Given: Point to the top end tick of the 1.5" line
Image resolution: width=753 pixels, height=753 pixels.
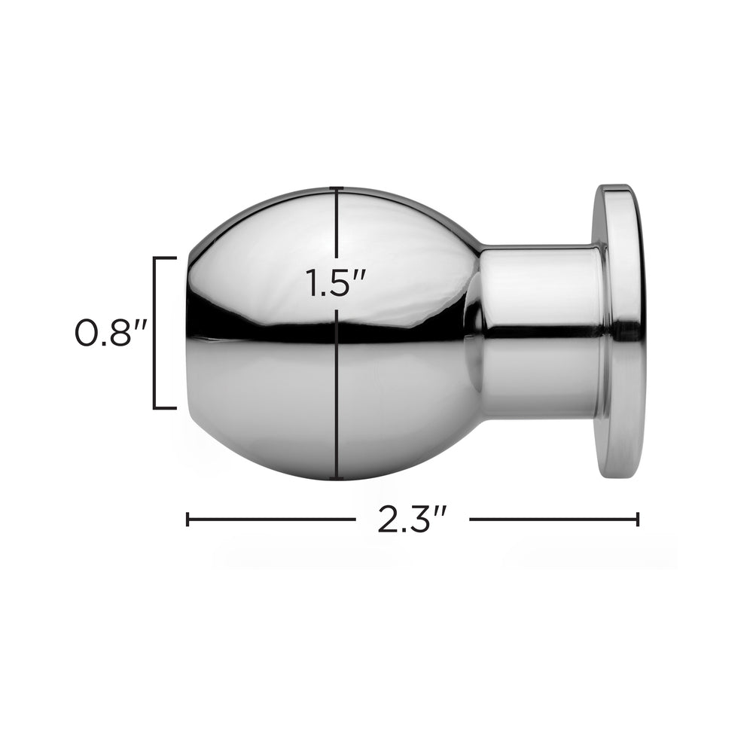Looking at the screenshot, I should coord(337,187).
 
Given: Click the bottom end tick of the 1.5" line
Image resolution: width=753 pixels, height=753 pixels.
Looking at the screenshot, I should coord(337,478).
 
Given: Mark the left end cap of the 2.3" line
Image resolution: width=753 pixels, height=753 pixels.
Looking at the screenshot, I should coord(187,519).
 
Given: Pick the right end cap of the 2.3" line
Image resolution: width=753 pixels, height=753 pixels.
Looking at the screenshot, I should coord(638,519).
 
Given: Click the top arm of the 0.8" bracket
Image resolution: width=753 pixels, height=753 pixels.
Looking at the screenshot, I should coord(165,258).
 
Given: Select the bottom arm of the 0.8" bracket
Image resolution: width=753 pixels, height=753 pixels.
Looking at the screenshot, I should coord(165,408).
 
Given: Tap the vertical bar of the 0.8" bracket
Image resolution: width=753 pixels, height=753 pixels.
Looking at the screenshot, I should coord(155,333).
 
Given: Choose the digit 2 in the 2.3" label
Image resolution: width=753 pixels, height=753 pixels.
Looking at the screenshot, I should coord(388,520).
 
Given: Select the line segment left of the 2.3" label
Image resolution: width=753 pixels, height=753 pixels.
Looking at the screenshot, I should coord(271,519).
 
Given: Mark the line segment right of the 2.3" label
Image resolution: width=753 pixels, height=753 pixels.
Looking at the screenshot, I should coord(553,519).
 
